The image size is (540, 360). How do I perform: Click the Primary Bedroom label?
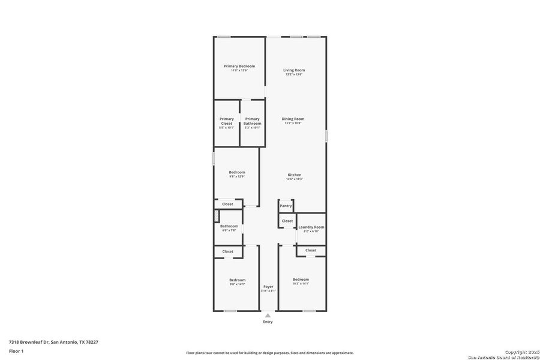coord(239,66)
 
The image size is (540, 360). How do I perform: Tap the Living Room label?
coord(294,70)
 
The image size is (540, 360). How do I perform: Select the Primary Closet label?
coord(226,121)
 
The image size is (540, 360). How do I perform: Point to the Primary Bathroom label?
coord(252,121)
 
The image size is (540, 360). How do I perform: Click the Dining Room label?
coord(293,119)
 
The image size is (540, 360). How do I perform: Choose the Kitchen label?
coord(294,175)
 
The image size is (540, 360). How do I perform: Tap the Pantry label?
coord(286,206)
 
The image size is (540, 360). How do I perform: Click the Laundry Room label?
coord(311,227)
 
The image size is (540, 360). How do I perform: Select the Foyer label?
coord(268,287)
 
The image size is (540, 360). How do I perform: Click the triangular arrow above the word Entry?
coord(268,315)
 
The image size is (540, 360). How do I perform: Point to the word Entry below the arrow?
coord(268,322)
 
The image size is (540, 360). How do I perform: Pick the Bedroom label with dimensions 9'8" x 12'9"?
coord(237,172)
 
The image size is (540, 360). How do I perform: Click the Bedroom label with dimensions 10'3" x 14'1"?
coord(301,280)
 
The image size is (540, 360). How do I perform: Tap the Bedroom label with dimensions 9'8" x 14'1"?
coord(237,280)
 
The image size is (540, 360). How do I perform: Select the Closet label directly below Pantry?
coord(287,221)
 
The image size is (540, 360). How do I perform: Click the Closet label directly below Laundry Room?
coord(311,250)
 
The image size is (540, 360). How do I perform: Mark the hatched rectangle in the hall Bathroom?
coord(217,215)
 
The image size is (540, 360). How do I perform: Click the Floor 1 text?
coord(16,350)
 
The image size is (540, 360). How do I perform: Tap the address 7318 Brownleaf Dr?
coord(29,342)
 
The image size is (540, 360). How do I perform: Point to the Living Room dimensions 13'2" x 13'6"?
coord(294,74)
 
